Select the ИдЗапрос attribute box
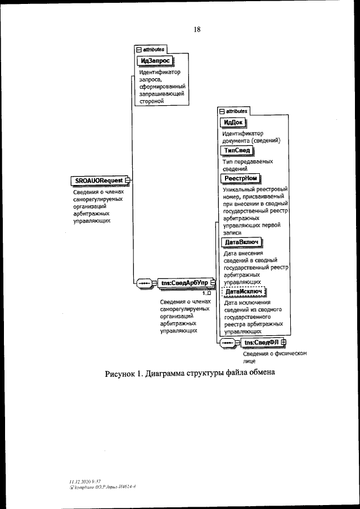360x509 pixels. [x=154, y=60]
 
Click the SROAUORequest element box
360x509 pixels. [x=97, y=180]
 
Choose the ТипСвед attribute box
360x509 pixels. [x=235, y=151]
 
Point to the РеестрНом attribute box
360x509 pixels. [x=240, y=178]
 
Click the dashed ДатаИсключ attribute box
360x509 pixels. [x=244, y=292]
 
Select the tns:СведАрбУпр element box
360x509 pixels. [x=183, y=283]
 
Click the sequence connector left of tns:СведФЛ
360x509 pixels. [x=227, y=342]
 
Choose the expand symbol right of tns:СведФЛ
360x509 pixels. [x=283, y=342]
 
